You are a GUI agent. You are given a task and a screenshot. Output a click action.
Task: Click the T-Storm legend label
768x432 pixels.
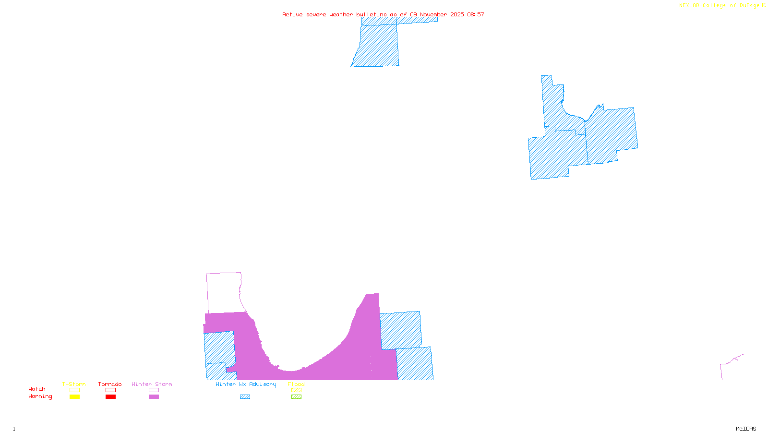click(74, 384)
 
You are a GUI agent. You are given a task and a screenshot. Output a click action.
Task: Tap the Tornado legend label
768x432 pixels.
click(110, 384)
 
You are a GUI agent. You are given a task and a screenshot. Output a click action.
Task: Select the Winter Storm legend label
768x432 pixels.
click(152, 384)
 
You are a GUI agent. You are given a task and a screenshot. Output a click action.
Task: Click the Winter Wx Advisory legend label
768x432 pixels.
click(246, 384)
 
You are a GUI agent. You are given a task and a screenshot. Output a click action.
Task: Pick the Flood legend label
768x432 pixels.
click(296, 384)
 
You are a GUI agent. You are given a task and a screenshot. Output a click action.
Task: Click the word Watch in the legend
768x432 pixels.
click(37, 389)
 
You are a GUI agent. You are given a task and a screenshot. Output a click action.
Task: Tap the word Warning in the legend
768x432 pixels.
click(40, 396)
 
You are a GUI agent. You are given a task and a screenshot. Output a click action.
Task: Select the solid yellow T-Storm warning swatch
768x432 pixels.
click(74, 397)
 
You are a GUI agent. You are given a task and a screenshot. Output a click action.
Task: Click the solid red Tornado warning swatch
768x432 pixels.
click(111, 397)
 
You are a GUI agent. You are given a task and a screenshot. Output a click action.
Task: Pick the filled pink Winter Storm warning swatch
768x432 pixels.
click(154, 397)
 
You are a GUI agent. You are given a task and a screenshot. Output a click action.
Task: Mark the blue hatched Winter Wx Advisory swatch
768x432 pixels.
click(245, 397)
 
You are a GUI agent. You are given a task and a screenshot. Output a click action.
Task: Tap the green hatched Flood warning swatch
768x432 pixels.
click(297, 397)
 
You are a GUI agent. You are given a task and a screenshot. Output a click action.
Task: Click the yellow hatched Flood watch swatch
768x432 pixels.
click(297, 390)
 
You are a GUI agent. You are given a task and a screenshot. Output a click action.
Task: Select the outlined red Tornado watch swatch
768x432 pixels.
click(111, 390)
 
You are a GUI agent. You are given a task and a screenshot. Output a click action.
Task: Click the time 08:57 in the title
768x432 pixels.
click(476, 14)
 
